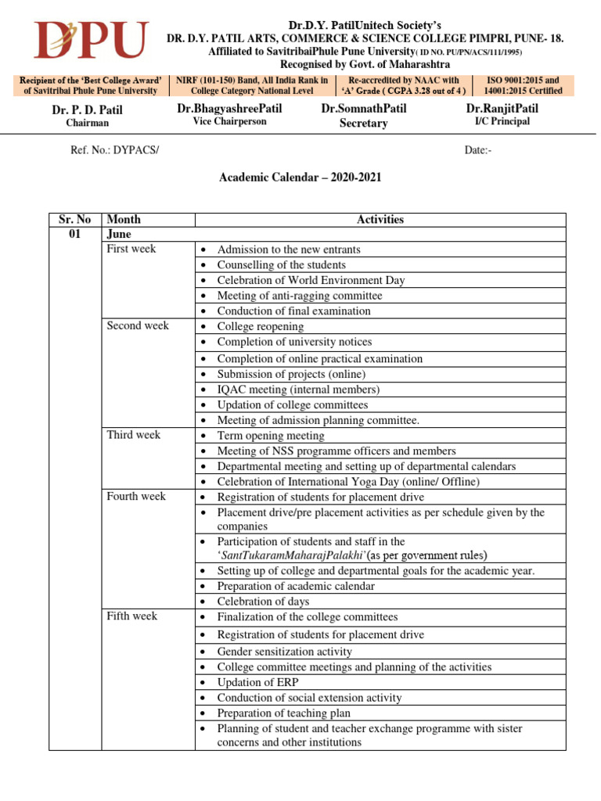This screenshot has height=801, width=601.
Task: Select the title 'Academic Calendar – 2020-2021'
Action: point(300,178)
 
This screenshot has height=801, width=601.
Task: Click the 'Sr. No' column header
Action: point(75,219)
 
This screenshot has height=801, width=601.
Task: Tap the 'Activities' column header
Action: point(380,219)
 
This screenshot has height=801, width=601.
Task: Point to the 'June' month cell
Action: point(119,234)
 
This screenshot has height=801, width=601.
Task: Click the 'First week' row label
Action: point(131,249)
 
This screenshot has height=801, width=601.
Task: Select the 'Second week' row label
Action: point(137,325)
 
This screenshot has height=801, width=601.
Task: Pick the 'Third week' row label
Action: point(133,435)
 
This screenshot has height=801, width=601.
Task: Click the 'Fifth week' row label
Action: point(131,616)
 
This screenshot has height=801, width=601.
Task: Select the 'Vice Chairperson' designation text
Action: point(229,121)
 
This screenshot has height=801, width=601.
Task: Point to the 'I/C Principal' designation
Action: point(502,121)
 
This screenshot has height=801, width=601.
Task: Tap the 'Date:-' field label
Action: point(478,149)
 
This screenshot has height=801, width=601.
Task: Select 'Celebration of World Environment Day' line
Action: point(311,280)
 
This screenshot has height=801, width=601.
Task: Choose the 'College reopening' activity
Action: point(260,326)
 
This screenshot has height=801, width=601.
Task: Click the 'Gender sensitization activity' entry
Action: point(284,652)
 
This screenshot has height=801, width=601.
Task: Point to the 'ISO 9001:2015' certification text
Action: point(524,80)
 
